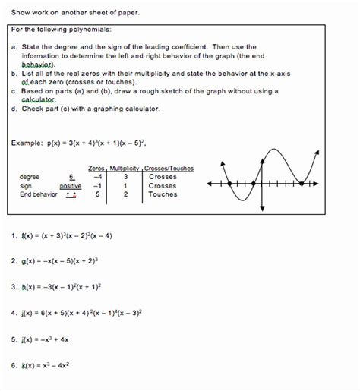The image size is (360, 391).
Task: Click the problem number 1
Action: click(14, 235)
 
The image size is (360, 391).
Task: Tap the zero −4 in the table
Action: click(97, 176)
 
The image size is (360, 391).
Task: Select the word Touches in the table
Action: click(163, 194)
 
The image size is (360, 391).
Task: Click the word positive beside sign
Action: click(71, 185)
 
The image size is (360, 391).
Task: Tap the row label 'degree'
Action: click(30, 176)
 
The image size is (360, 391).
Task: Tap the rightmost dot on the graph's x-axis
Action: click(302, 184)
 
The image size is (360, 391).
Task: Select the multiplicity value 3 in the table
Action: click(125, 176)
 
